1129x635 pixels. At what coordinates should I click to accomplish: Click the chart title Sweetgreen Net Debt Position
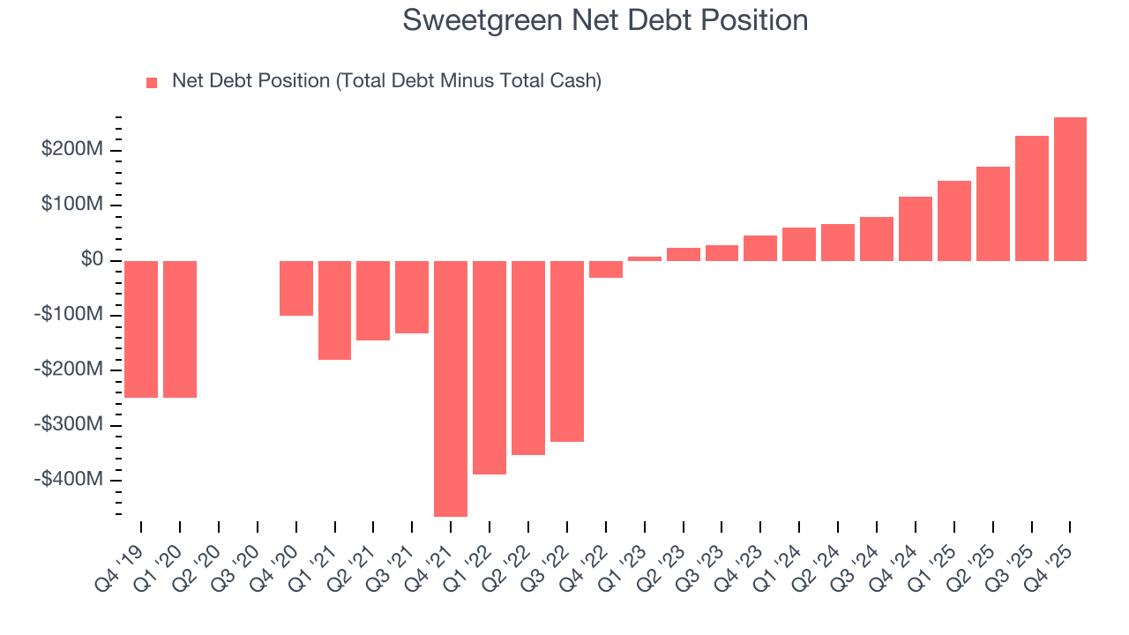coord(605,20)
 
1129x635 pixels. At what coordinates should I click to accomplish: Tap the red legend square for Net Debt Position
coord(152,82)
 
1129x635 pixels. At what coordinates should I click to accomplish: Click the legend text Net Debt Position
coord(386,81)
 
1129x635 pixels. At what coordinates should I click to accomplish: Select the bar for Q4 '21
coord(451,388)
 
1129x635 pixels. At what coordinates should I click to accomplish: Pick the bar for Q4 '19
coord(141,329)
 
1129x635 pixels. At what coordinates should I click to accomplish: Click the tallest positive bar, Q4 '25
coord(1070,189)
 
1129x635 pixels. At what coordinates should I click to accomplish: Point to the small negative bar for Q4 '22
coord(606,269)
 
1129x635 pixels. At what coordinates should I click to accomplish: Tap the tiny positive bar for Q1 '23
coord(645,258)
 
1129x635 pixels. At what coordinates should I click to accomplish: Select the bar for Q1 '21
coord(335,310)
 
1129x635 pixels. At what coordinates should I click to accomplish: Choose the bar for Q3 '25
coord(1031,198)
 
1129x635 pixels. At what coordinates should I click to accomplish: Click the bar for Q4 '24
coord(916,228)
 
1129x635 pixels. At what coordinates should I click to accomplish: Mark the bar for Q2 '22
coord(528,357)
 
